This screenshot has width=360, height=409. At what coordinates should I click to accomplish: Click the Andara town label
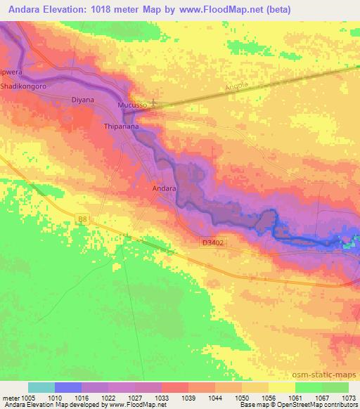pos(164,188)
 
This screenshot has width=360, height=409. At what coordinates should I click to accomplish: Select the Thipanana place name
pos(121,127)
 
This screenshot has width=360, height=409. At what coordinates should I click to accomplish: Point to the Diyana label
pos(82,100)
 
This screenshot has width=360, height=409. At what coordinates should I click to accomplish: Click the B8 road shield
pos(83,219)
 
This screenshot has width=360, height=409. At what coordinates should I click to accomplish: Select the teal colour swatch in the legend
pos(41,387)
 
